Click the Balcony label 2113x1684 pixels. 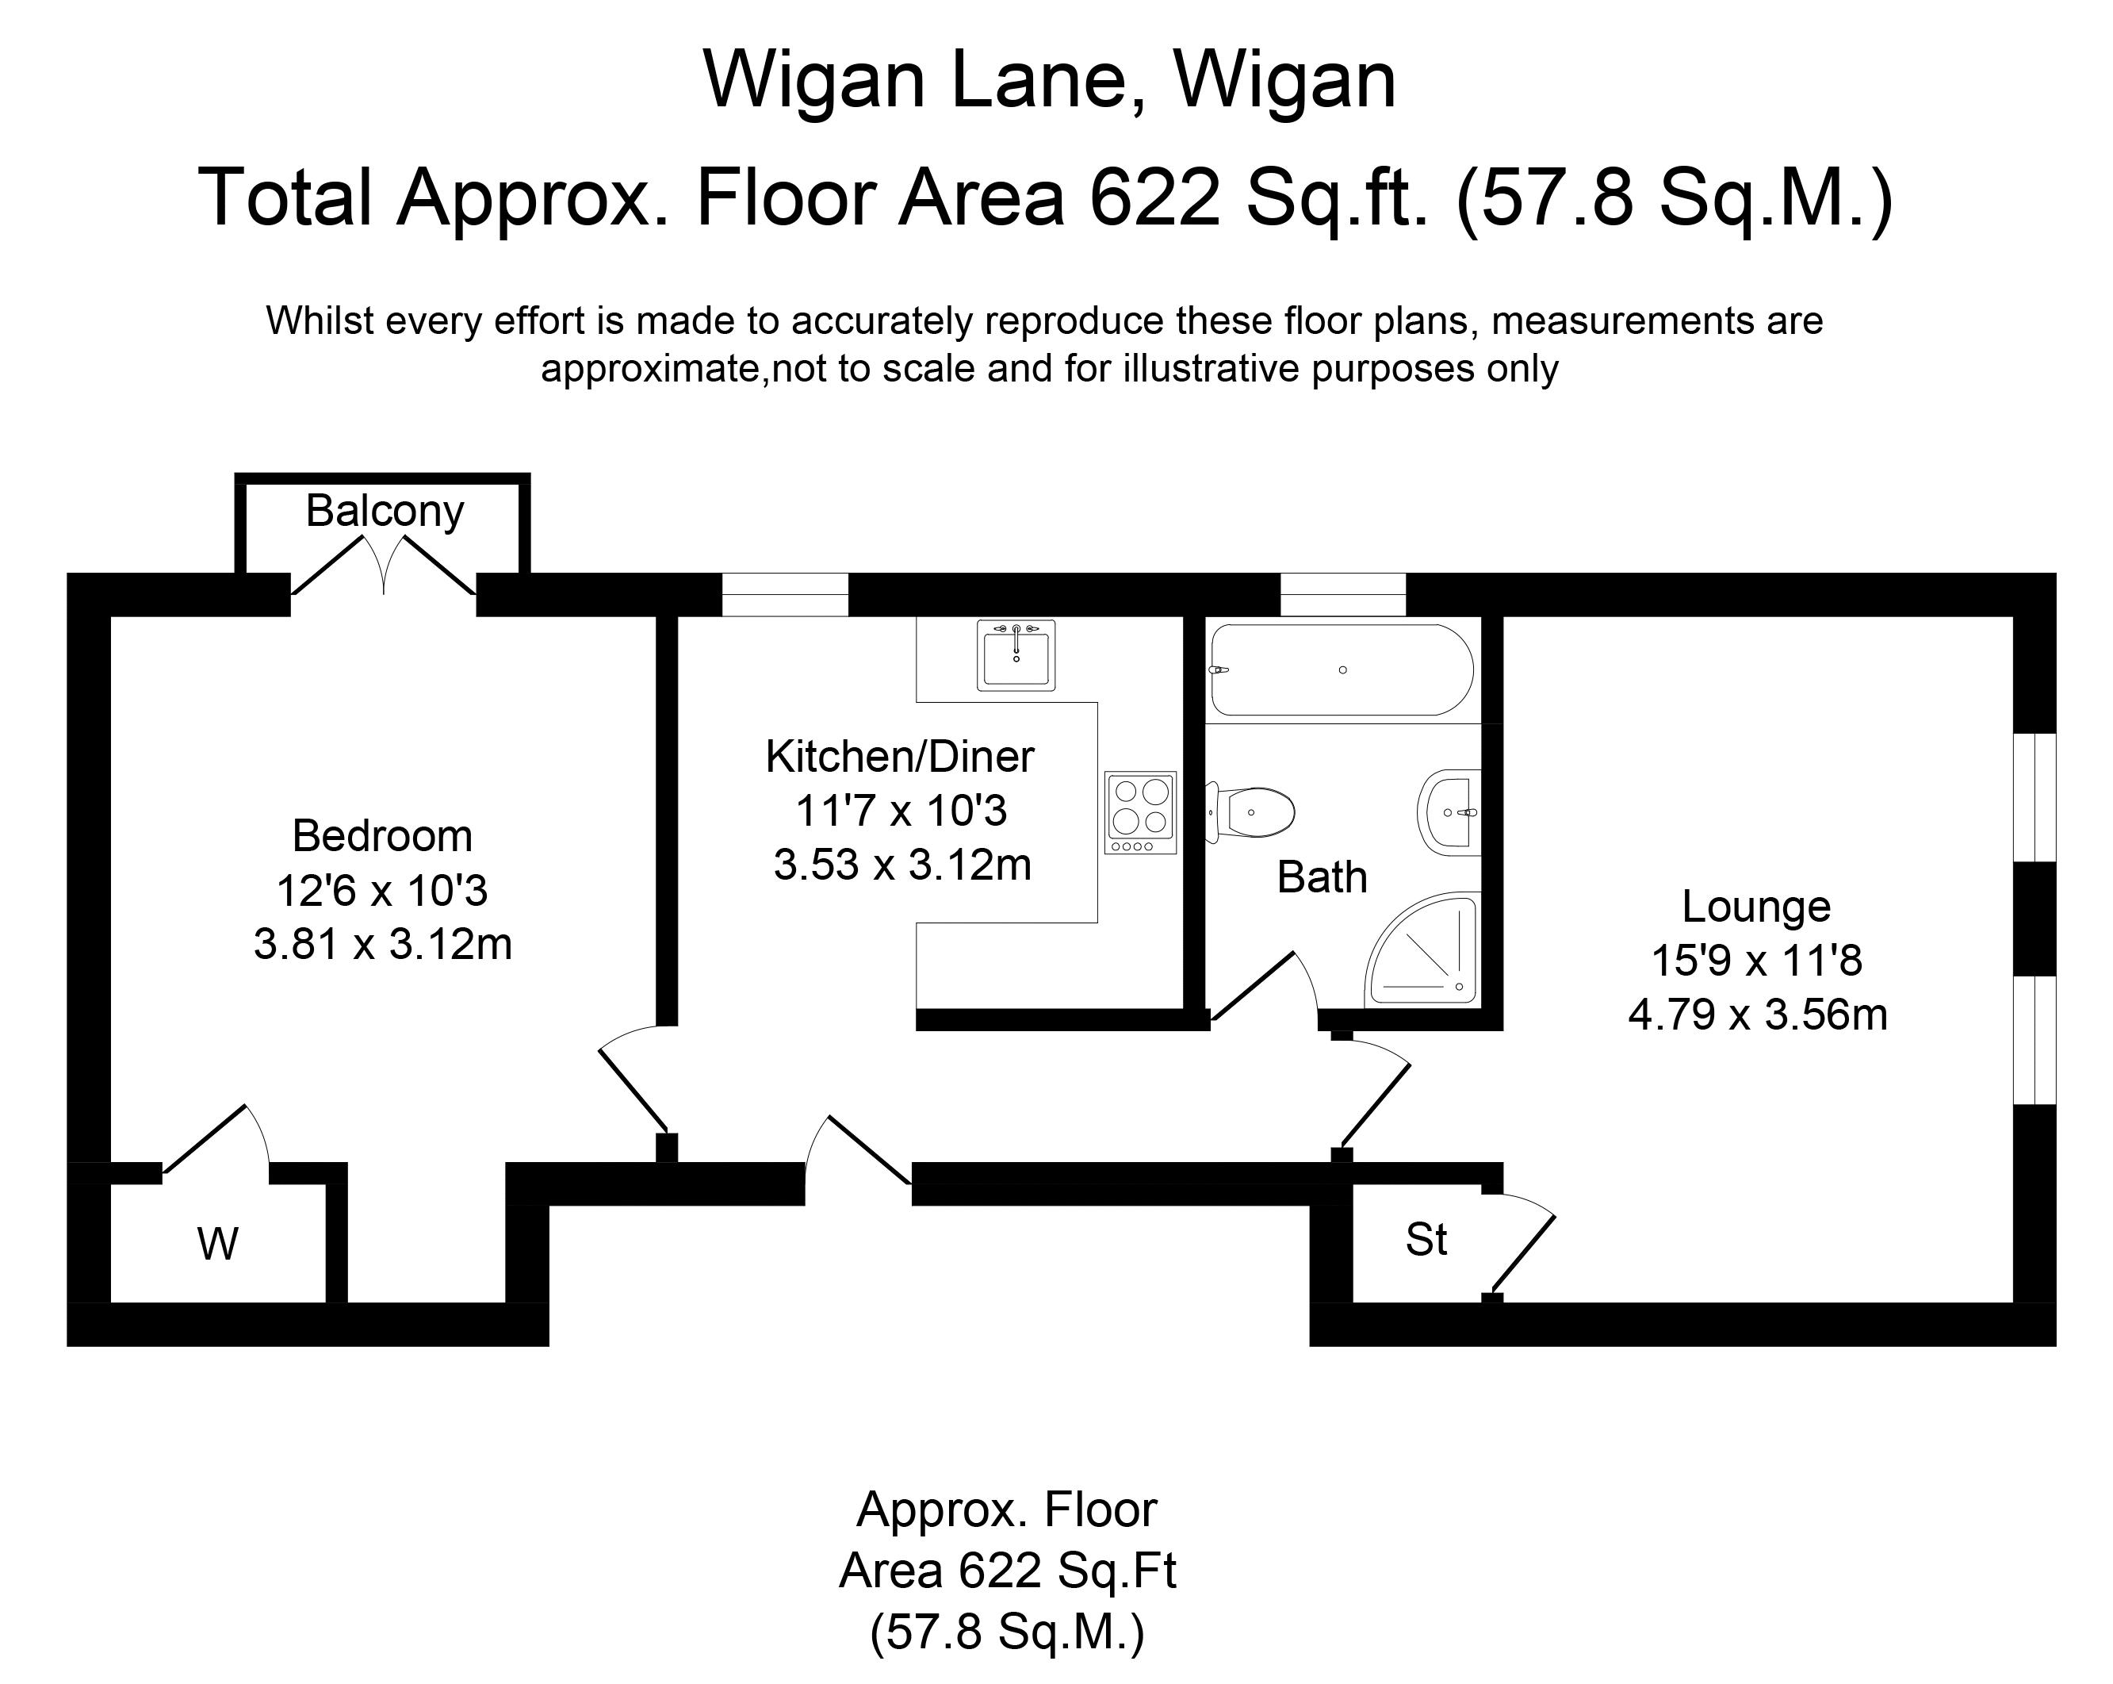(385, 512)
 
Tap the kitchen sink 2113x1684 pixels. (1016, 654)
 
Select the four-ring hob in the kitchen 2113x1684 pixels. (1140, 812)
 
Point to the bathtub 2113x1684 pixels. (1342, 669)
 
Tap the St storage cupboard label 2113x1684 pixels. (1426, 1240)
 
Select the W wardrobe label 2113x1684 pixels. (217, 1245)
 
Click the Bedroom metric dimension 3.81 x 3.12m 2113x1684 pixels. (382, 945)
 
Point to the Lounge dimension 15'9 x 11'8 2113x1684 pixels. (1756, 961)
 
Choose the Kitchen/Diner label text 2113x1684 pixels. (900, 757)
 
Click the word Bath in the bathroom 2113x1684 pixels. (1321, 877)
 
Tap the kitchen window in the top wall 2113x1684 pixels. (785, 594)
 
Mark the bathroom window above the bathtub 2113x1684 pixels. (1342, 594)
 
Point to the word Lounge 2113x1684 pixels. (1756, 907)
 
